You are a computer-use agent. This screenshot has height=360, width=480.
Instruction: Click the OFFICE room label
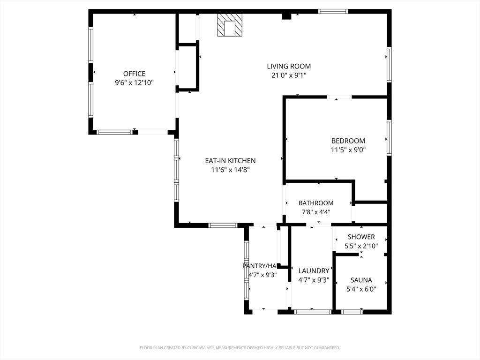134,74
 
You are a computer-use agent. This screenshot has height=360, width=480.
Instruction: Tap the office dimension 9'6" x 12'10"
134,82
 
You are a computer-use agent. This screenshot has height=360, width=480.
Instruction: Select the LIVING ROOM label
289,66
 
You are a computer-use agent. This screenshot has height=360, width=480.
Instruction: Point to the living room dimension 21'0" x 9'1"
289,75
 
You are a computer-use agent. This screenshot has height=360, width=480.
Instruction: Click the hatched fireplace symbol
230,25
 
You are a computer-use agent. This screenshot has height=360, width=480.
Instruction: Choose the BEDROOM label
348,141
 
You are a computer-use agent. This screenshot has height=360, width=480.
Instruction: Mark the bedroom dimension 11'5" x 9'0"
348,150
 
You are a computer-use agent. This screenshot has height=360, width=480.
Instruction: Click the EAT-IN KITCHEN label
230,161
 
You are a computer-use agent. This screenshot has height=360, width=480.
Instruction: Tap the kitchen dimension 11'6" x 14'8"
230,170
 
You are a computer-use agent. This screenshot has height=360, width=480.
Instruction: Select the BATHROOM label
316,203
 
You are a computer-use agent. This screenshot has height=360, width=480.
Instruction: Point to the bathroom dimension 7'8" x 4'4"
316,212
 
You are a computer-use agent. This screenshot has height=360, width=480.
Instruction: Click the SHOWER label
361,237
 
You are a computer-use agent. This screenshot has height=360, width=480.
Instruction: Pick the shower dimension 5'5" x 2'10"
361,246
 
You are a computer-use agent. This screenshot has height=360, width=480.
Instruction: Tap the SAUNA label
361,280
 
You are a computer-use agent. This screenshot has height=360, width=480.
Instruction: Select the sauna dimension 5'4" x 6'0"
361,289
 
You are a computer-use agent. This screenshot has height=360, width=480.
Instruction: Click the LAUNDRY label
314,271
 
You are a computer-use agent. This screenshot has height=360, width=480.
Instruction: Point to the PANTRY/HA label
259,266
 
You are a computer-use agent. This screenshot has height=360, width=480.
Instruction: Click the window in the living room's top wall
333,11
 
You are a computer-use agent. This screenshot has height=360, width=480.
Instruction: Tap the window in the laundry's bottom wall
313,312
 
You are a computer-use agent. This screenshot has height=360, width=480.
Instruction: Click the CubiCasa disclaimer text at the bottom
240,348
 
